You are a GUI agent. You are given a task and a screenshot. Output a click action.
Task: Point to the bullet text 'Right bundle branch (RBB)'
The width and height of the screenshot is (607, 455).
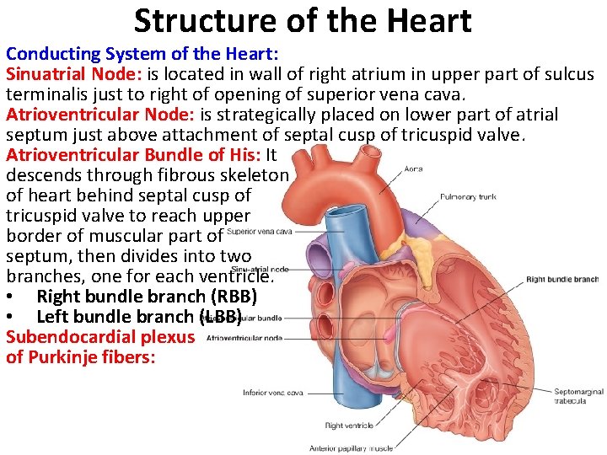point(147,297)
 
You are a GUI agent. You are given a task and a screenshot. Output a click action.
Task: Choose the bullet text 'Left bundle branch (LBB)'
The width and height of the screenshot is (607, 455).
point(139,317)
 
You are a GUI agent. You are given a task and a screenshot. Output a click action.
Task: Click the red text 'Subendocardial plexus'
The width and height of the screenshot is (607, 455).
point(100,337)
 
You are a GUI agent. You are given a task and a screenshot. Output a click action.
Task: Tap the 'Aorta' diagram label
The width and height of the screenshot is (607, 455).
point(413,169)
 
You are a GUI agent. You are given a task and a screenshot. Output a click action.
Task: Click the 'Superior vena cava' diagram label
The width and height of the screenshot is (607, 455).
point(260,231)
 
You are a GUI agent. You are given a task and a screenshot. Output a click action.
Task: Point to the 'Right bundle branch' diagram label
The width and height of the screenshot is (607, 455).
point(561,280)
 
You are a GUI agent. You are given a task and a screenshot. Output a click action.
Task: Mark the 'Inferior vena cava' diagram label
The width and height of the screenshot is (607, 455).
point(272,393)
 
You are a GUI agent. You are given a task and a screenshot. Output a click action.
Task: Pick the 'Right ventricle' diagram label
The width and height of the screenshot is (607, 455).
point(348,426)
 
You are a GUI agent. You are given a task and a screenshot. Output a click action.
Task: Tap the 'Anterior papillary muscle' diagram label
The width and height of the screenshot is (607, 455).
point(351,447)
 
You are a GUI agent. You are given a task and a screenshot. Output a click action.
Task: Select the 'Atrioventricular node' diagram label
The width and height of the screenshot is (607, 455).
point(244,338)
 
